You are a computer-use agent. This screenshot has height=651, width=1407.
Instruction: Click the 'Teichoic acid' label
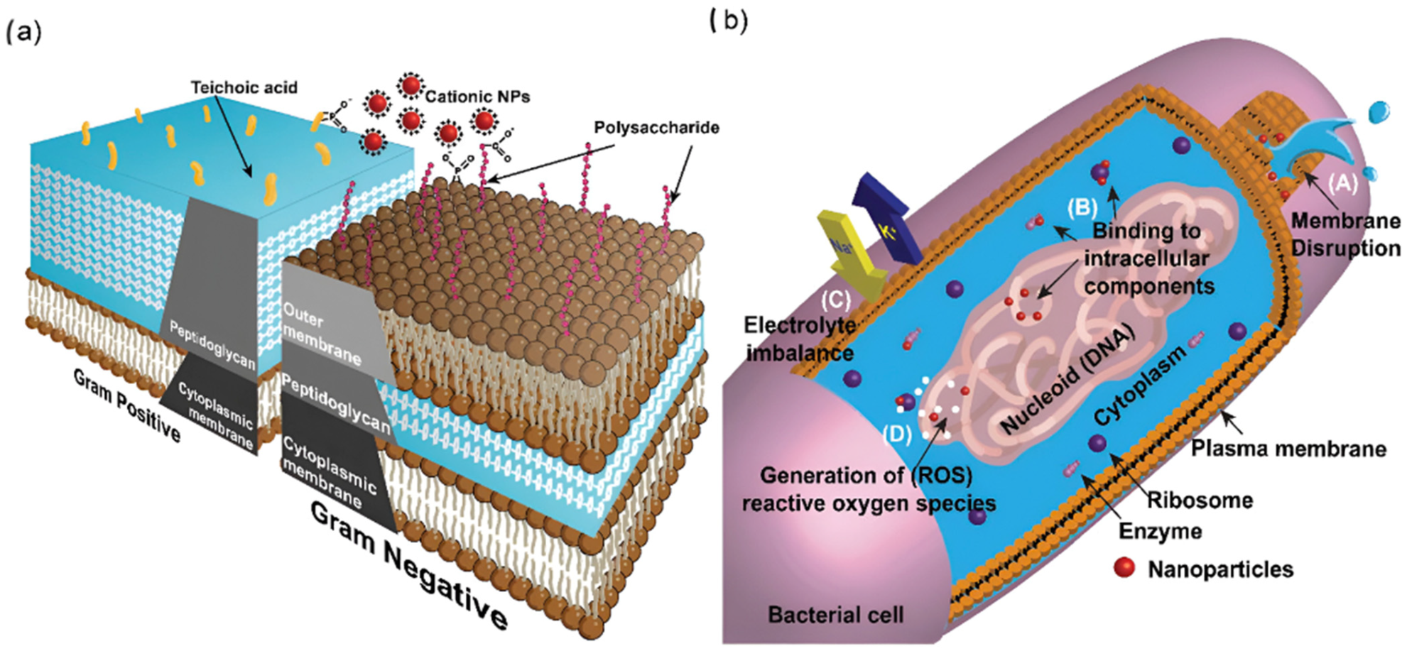[244, 87]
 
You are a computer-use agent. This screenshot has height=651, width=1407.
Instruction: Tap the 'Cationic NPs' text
[477, 96]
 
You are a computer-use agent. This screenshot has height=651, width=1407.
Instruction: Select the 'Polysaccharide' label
[656, 128]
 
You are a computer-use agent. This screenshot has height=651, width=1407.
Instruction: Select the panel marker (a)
[23, 32]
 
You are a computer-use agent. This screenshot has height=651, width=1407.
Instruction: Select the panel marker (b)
[729, 21]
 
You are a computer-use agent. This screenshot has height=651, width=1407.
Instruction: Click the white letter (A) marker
[1342, 183]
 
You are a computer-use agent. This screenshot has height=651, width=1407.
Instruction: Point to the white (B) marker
[1082, 208]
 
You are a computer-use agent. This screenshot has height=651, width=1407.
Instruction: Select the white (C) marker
[835, 300]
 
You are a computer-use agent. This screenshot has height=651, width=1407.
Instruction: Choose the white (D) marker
[896, 434]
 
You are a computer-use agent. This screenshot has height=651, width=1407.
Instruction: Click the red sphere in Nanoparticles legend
[1124, 568]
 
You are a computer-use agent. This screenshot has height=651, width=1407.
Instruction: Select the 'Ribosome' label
[1200, 500]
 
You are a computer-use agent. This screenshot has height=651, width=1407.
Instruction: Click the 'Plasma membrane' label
[1288, 449]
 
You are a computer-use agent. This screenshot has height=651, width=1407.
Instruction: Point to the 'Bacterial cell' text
[835, 614]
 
